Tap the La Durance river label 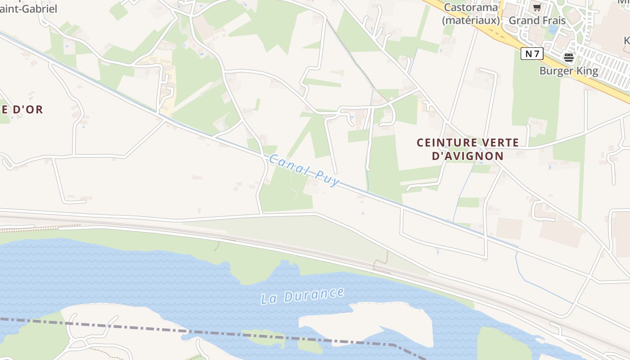point(302,296)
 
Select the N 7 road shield point(532,54)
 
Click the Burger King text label point(569,71)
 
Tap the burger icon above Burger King point(569,57)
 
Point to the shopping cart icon point(537,8)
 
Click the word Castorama point(471,8)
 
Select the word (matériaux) point(471,20)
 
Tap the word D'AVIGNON point(468,156)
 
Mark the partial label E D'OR point(22,109)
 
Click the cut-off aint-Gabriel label point(28,9)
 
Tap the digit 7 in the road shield point(537,54)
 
